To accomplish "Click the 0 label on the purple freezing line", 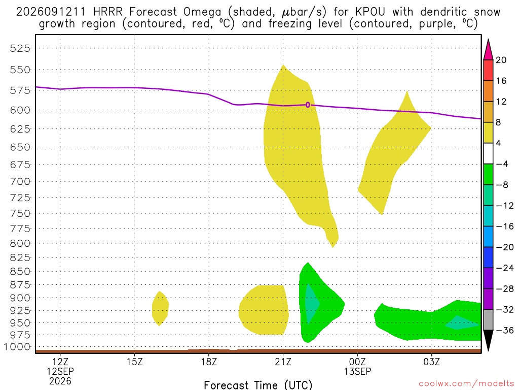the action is [x=308, y=105].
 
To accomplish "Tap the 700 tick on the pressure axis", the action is [x=20, y=181].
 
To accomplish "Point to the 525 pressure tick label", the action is [x=20, y=48].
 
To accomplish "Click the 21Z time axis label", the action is [x=283, y=362].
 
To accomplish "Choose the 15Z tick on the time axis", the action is [x=134, y=362].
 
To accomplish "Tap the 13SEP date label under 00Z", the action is [x=357, y=371].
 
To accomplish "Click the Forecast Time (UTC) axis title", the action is [x=258, y=385].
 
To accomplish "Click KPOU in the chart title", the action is [x=370, y=12].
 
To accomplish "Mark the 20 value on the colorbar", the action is [x=501, y=60].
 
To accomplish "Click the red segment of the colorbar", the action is [x=488, y=70].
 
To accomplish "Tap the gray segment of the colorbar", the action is [x=488, y=320].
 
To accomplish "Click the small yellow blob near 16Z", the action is [x=160, y=308].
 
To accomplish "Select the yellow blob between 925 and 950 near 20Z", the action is [x=264, y=310].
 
